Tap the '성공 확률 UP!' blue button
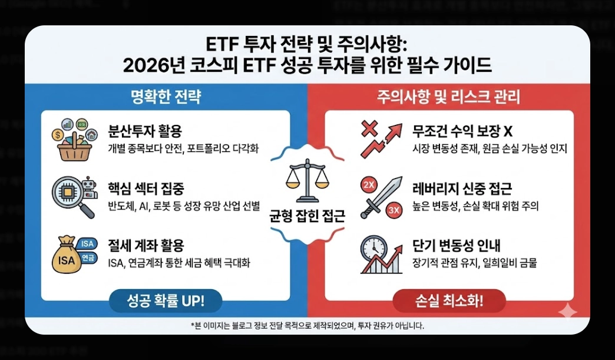(166, 302)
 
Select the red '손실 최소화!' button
(449, 302)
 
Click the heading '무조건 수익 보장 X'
(463, 131)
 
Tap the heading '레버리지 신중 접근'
(462, 189)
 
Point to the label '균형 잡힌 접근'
(307, 216)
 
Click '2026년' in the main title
(153, 64)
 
